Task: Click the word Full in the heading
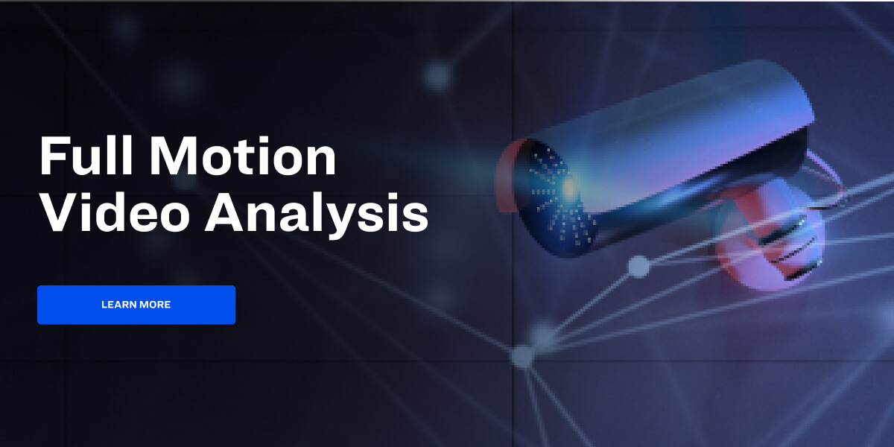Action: (x=83, y=156)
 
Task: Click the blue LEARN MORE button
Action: (x=136, y=305)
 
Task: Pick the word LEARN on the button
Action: (x=117, y=305)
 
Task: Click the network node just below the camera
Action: (x=638, y=266)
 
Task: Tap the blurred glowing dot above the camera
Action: (x=437, y=74)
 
